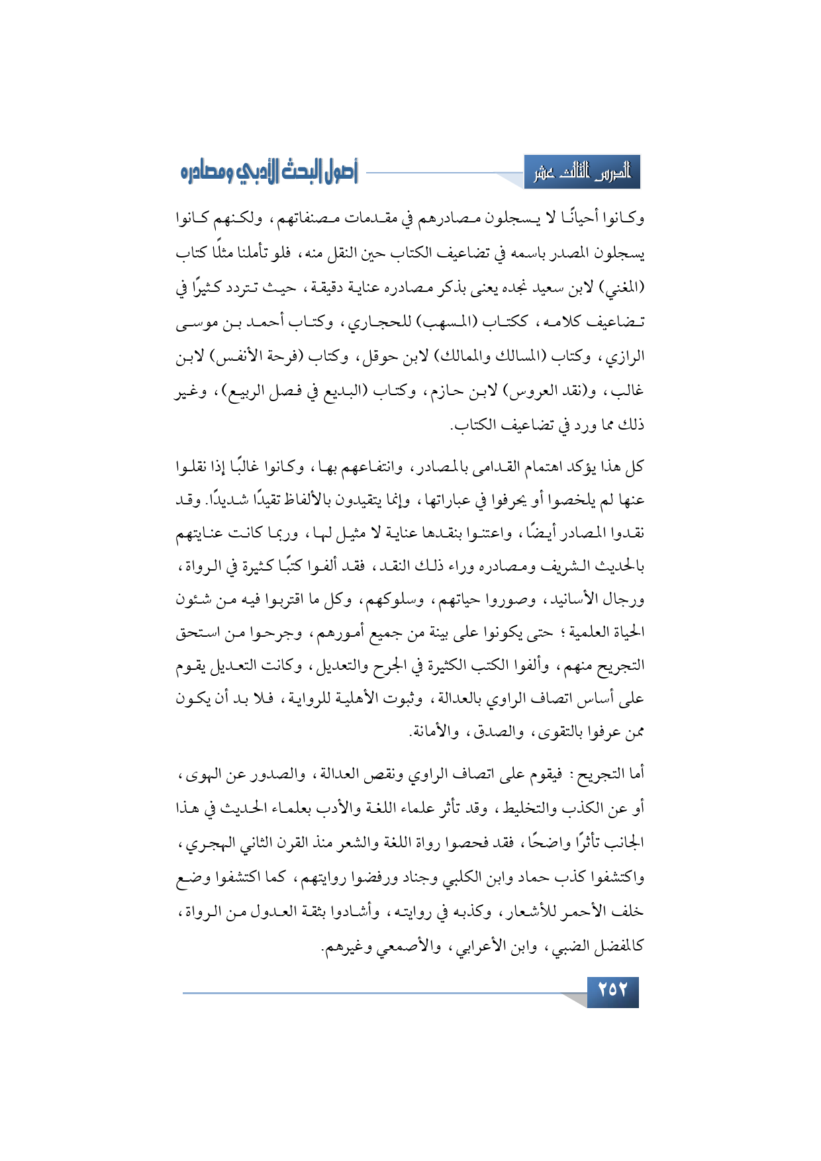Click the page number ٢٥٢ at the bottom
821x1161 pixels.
point(612,990)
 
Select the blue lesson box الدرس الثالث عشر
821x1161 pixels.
point(582,173)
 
